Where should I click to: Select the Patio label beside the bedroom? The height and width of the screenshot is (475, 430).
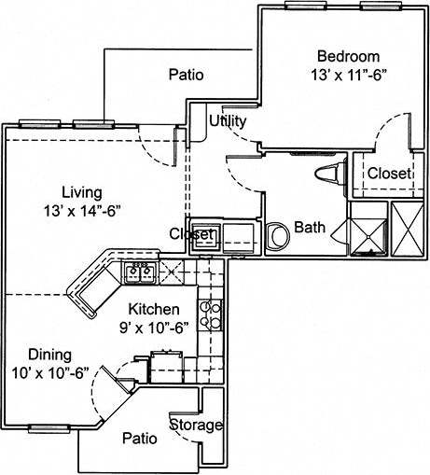tap(186, 75)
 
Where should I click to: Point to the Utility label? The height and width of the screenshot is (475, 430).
tap(228, 121)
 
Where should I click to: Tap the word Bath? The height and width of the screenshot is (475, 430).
tap(310, 227)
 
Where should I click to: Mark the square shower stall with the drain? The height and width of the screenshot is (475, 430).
tap(365, 230)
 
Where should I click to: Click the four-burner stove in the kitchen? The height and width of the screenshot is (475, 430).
tap(211, 316)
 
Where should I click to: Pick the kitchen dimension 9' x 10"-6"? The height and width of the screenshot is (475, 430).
tap(154, 326)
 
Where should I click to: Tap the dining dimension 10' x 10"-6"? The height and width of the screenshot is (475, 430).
tap(50, 372)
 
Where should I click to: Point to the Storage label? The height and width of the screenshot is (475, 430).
tap(196, 426)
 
